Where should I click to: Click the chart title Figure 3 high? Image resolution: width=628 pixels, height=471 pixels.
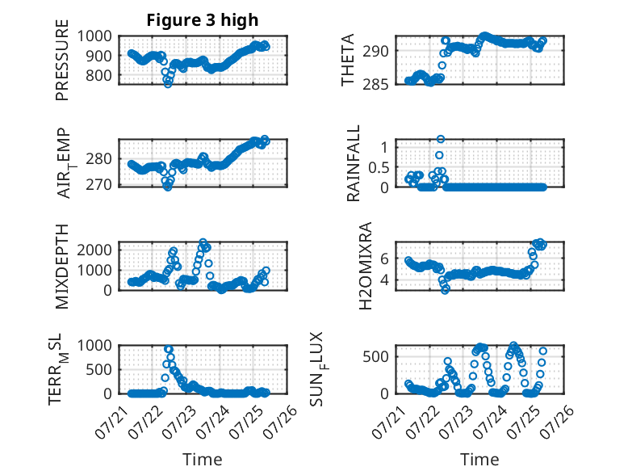(203, 20)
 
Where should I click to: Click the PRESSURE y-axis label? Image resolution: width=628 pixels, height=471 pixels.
(62, 60)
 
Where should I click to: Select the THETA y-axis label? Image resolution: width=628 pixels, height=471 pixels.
(348, 60)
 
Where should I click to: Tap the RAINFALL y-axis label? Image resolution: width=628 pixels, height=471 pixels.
(354, 162)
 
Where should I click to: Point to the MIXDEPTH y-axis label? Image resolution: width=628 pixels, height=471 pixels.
(62, 266)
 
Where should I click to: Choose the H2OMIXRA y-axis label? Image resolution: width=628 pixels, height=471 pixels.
(366, 266)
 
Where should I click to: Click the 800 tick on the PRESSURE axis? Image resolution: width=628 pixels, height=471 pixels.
(98, 75)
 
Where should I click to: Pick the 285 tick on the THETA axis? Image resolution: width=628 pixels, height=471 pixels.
(375, 85)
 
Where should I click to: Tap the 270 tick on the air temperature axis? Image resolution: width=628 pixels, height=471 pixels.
(98, 185)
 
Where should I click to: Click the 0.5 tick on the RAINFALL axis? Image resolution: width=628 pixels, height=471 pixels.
(379, 167)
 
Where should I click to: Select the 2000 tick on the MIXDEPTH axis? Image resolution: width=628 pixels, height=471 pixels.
(94, 250)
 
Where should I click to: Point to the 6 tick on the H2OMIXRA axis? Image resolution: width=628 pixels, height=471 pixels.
(384, 259)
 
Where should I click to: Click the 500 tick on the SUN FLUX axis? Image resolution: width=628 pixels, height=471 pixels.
(375, 356)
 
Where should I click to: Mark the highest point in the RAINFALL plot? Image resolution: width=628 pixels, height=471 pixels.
(441, 139)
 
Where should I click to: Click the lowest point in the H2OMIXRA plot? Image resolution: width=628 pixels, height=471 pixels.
(445, 290)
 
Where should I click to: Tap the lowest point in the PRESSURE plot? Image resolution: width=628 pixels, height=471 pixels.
(168, 84)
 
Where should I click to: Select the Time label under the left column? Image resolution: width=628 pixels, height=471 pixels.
(203, 460)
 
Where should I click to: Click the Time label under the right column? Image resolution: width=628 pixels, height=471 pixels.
(479, 460)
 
